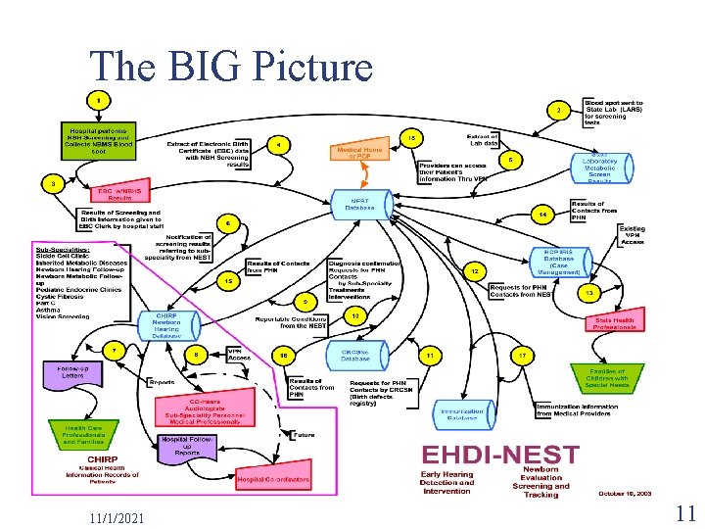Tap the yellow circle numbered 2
point(558,110)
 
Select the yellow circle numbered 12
point(475,269)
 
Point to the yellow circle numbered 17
point(524,354)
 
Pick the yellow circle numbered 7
point(114,348)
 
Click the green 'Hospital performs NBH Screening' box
point(101,140)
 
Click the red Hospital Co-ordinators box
point(273,480)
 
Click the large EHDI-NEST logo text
point(500,456)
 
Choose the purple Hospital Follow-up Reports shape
point(188,447)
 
